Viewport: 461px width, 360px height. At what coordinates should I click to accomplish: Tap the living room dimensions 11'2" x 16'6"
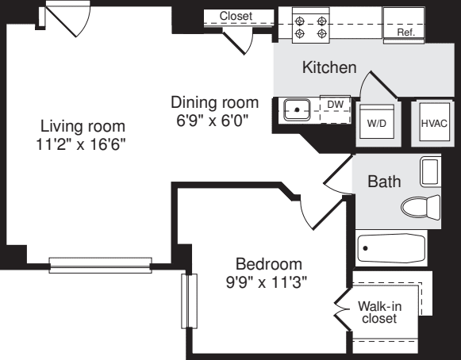click(83, 144)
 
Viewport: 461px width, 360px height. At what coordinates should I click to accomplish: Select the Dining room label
click(214, 102)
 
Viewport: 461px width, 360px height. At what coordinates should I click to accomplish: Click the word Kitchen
click(328, 68)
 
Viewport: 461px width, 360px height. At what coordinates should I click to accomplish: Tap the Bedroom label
click(269, 264)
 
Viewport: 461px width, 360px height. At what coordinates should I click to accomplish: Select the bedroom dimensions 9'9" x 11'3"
click(269, 281)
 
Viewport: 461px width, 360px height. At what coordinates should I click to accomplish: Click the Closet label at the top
click(236, 16)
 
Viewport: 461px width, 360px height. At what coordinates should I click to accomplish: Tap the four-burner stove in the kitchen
click(311, 24)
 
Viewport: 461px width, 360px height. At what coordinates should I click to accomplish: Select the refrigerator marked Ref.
click(405, 24)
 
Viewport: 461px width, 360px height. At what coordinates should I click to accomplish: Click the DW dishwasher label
click(336, 103)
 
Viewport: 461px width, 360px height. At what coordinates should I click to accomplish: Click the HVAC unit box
click(434, 123)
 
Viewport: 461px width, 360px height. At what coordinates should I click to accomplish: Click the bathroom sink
click(429, 170)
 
